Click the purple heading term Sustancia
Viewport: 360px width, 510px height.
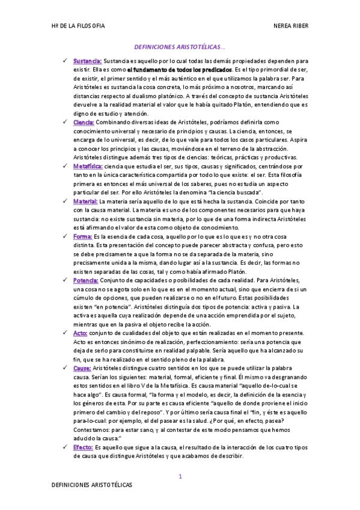coord(87,61)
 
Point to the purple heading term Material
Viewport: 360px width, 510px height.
coord(85,201)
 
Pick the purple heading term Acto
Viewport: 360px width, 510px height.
coord(81,333)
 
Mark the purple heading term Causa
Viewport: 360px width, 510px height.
coord(82,367)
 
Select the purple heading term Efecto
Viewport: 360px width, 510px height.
coord(83,447)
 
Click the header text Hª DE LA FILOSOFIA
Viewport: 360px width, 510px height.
coord(79,26)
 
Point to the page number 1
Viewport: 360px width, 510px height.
coord(180,476)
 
